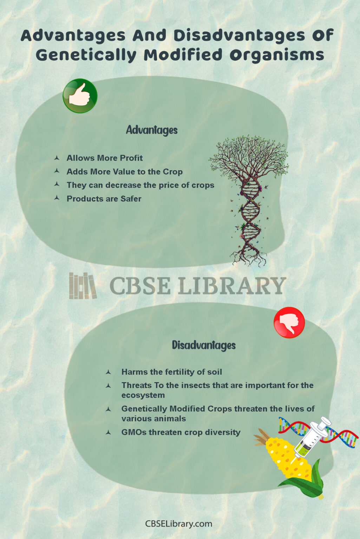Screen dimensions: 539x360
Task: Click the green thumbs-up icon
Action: (x=80, y=96)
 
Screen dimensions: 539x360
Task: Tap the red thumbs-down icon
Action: (x=289, y=322)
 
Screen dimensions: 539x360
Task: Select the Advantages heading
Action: (x=152, y=130)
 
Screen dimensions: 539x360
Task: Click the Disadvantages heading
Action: (x=204, y=345)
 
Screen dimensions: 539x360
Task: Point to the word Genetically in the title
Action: (x=86, y=55)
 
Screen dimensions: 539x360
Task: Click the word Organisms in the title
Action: (x=277, y=55)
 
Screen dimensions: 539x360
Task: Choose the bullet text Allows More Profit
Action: (x=105, y=158)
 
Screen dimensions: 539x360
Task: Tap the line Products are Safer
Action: (x=104, y=199)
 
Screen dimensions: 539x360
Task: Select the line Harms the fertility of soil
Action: (x=171, y=372)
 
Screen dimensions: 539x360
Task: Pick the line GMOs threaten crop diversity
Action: (x=181, y=432)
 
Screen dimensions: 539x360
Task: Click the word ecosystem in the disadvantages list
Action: (x=143, y=395)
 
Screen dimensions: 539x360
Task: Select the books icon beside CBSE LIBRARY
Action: (x=83, y=286)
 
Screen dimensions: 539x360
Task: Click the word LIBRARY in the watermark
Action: (x=232, y=286)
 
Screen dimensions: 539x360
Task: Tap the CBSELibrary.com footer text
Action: (x=179, y=524)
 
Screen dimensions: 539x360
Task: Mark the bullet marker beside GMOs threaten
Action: (x=109, y=432)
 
